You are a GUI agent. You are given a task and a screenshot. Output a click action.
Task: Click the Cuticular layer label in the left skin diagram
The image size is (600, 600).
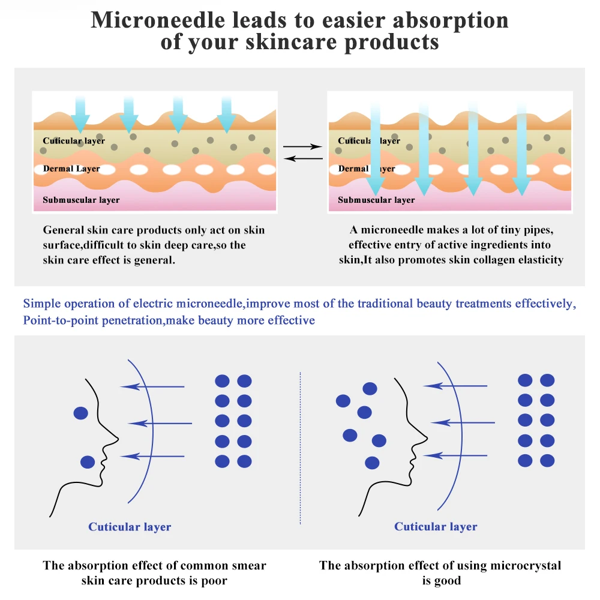pyautogui.click(x=74, y=141)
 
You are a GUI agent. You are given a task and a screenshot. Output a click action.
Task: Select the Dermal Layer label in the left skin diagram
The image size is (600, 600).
pyautogui.click(x=71, y=169)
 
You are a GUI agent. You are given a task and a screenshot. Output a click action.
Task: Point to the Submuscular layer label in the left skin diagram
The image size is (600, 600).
pyautogui.click(x=81, y=200)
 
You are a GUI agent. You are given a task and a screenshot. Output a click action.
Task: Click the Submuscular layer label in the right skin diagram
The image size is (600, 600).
pyautogui.click(x=376, y=200)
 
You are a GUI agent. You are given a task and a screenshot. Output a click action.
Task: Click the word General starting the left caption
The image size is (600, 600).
pyautogui.click(x=63, y=230)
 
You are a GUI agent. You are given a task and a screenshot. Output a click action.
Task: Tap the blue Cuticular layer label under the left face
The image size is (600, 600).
pyautogui.click(x=130, y=527)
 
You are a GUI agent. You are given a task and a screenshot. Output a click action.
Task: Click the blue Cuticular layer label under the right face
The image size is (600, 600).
pyautogui.click(x=436, y=527)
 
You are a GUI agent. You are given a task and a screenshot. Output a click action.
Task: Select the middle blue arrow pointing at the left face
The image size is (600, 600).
pyautogui.click(x=160, y=423)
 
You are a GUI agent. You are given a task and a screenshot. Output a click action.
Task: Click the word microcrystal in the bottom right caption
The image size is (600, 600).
pyautogui.click(x=524, y=565)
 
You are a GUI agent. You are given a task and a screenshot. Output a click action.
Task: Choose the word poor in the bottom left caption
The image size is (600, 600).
pyautogui.click(x=215, y=580)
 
